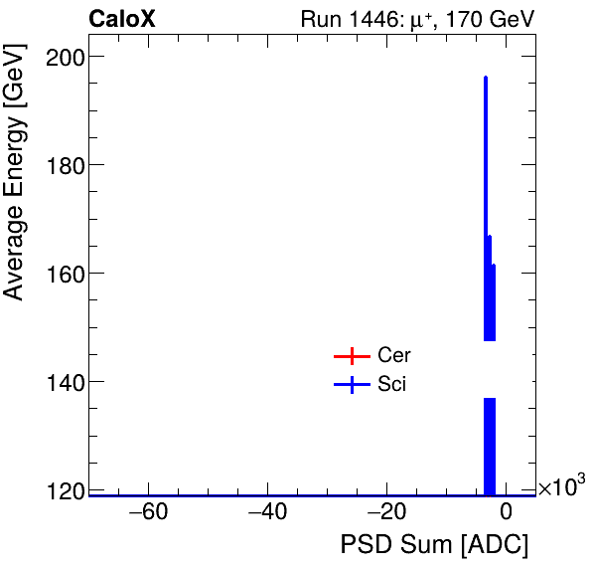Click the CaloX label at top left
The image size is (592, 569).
122,19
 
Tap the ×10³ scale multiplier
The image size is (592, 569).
561,486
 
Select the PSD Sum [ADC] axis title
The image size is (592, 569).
434,546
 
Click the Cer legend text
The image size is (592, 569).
393,356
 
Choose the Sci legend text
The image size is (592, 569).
391,385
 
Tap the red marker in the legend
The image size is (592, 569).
352,356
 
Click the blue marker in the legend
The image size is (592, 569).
352,385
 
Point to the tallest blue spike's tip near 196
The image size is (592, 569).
485,78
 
